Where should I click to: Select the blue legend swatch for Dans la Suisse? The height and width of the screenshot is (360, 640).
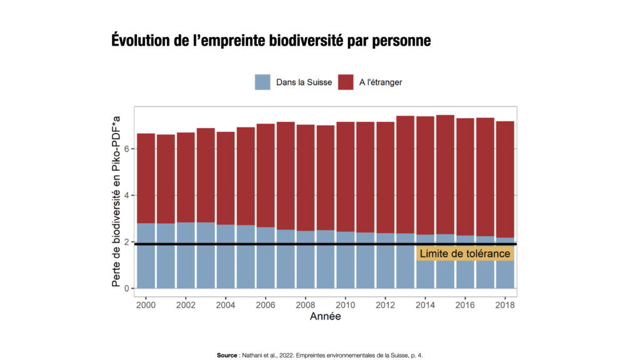262,82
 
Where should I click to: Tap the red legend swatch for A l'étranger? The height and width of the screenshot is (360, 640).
346,82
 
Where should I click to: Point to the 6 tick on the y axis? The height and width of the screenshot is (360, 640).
126,149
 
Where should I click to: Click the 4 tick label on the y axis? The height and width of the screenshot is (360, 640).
126,196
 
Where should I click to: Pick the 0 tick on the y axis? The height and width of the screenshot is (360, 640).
126,289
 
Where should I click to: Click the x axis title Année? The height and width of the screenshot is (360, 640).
325,317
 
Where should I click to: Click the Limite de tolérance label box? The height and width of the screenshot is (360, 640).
464,254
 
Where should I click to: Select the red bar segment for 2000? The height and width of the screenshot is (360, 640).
146,178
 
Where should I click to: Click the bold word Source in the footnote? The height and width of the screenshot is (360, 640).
227,355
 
